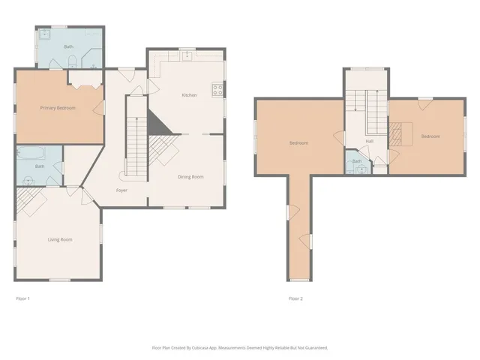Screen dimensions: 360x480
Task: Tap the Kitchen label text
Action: click(189, 95)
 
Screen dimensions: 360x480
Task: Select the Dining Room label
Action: click(190, 177)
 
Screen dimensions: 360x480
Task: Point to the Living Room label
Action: click(60, 239)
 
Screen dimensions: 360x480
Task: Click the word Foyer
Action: click(121, 190)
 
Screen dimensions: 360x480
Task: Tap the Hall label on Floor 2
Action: click(370, 141)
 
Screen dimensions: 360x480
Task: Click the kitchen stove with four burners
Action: click(218, 91)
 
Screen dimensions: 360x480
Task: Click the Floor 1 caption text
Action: click(23, 298)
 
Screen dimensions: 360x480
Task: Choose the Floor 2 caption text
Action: click(296, 298)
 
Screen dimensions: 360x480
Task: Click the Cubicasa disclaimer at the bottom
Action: click(240, 348)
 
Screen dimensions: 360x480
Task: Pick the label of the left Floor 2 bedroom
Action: click(299, 142)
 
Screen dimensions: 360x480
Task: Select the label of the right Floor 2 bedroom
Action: click(430, 136)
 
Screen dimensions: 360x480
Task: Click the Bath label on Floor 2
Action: click(357, 160)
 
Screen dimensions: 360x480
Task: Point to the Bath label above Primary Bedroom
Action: click(68, 46)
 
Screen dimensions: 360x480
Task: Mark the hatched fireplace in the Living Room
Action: click(30, 199)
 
